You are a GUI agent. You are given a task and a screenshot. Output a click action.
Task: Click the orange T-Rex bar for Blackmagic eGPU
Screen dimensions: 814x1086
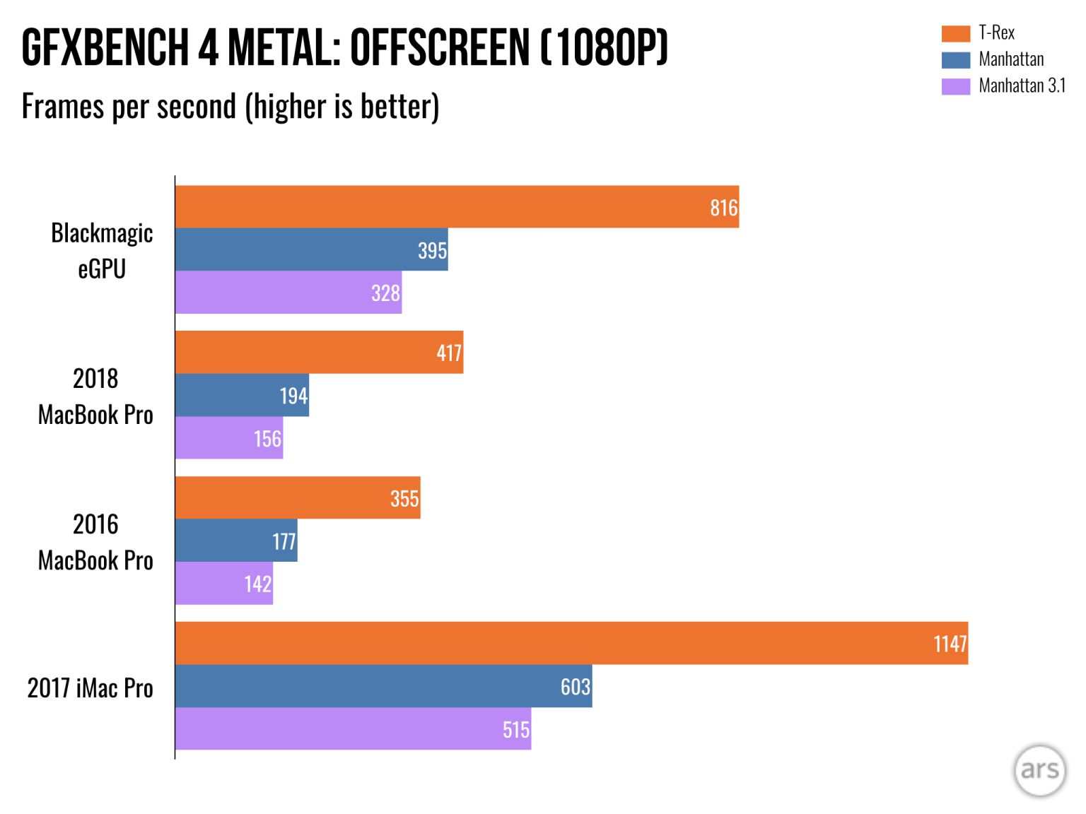[457, 206]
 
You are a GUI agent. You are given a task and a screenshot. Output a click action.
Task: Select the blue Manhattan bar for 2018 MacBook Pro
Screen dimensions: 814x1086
[242, 395]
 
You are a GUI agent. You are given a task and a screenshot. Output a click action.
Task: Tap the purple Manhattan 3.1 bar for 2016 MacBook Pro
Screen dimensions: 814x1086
[223, 583]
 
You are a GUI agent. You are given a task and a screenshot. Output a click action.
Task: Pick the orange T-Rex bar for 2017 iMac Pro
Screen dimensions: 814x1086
[571, 643]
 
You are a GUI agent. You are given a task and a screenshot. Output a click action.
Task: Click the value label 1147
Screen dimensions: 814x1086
[950, 644]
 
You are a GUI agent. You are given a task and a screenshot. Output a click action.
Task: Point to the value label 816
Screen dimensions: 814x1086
[723, 208]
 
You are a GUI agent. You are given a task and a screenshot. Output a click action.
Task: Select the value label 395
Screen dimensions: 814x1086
[432, 250]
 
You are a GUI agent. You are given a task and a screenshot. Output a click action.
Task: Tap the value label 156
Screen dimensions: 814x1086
[267, 439]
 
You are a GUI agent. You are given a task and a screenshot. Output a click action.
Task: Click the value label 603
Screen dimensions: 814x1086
[575, 686]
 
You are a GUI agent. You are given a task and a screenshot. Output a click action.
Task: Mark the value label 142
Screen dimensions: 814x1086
[257, 584]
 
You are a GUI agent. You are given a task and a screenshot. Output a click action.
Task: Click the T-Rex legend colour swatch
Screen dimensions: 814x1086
[955, 33]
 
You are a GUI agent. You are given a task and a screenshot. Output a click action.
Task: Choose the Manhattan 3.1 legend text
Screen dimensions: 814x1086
[1022, 85]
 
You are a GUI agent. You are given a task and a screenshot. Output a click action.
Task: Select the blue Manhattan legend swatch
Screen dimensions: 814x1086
[955, 59]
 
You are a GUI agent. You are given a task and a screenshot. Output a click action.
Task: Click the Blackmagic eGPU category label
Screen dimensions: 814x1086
[102, 250]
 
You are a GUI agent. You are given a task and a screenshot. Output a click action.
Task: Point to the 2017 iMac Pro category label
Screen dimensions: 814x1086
[90, 688]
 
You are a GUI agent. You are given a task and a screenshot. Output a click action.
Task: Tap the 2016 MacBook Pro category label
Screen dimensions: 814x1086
[95, 542]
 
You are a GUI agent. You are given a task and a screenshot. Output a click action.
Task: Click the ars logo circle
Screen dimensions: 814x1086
[1039, 770]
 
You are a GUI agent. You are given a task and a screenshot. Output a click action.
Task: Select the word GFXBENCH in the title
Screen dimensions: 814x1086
[105, 48]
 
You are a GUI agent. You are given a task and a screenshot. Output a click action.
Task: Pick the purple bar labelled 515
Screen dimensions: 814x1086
[353, 729]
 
